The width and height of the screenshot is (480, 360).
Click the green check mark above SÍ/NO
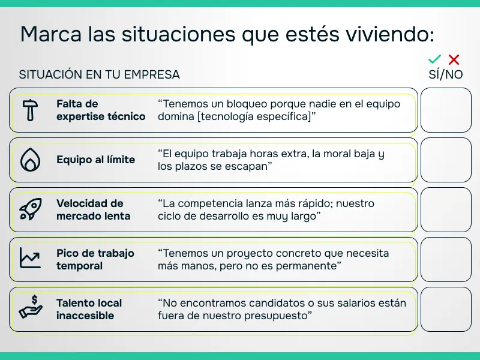[x=435, y=59]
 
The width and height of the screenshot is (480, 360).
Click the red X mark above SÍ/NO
[x=454, y=59]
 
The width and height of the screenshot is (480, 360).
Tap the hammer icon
[x=29, y=110]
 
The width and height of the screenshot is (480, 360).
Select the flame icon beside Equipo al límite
[x=29, y=160]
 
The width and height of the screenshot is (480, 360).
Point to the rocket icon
[x=29, y=209]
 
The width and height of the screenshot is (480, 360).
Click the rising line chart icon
[x=29, y=259]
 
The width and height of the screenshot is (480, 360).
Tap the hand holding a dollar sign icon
[x=29, y=308]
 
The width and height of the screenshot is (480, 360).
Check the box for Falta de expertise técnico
[x=446, y=110]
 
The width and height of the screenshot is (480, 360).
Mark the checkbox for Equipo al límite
[x=446, y=160]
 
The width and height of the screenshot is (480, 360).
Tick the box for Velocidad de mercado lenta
[x=446, y=209]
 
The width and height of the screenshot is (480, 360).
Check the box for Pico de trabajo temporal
[x=446, y=259]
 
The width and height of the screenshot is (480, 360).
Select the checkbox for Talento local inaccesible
[x=446, y=309]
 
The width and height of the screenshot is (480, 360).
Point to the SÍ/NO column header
[x=445, y=74]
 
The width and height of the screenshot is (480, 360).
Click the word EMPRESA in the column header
[x=152, y=74]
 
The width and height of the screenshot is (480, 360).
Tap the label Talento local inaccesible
[x=89, y=309]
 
